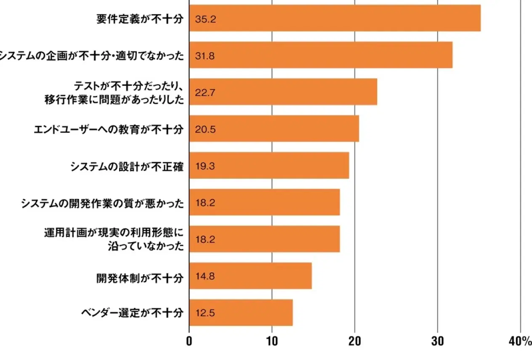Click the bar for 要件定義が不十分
pos(335,18)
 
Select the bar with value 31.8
pos(321,55)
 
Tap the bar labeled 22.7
pos(283,92)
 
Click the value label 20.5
pos(205,129)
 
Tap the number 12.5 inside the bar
pos(205,313)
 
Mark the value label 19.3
pos(205,166)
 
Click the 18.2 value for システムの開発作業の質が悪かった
pos(205,203)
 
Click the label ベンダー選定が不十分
pos(132,313)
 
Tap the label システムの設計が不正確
pos(127,166)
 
